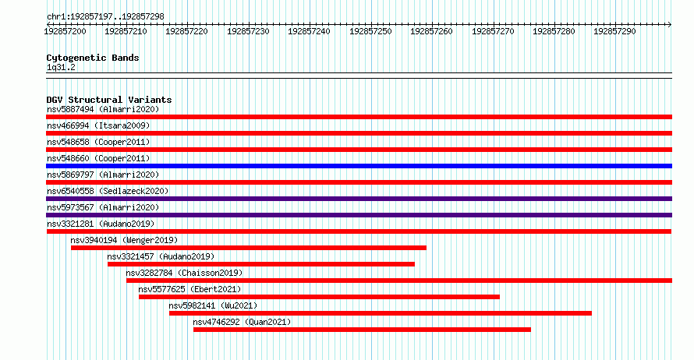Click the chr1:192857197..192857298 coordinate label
coord(105,17)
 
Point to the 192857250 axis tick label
coord(370,31)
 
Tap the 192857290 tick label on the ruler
coord(614,31)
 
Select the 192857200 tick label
coord(65,31)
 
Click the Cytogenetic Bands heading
coord(93,58)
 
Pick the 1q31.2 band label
coord(61,67)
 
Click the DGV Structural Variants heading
coord(109,100)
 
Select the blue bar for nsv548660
coord(359,166)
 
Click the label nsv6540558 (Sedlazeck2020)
coord(108,191)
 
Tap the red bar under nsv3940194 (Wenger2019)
coord(248,248)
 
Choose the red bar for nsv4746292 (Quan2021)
coord(362,330)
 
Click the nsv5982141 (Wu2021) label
coord(213,305)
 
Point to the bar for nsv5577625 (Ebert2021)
coord(319,297)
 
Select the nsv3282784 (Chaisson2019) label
coord(184,273)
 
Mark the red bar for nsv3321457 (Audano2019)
coord(261,264)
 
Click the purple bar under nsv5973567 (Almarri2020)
coord(359,215)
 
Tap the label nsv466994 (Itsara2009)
coord(98,125)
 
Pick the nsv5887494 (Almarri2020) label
coord(103,109)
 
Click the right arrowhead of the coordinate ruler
coord(670,25)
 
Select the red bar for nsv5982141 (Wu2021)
coord(381,313)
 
